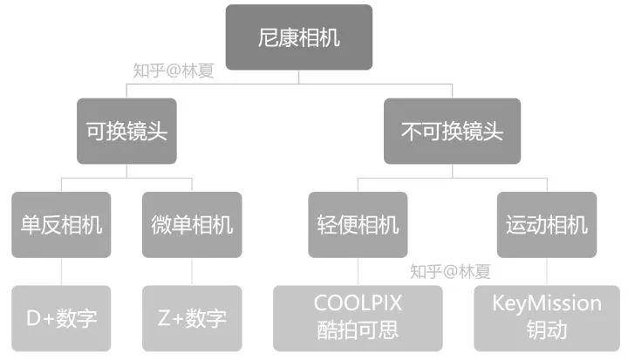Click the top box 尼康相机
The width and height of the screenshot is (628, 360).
(299, 37)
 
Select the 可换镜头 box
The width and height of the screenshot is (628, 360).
(127, 132)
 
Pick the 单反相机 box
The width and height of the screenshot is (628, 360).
(61, 225)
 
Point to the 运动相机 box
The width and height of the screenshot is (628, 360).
(547, 225)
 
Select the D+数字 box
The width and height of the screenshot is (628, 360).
(61, 318)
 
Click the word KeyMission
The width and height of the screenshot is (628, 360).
(547, 303)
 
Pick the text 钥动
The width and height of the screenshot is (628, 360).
(547, 331)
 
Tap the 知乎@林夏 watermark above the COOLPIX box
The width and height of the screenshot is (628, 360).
(451, 271)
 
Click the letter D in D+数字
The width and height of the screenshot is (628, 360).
(34, 318)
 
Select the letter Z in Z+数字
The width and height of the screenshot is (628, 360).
(164, 318)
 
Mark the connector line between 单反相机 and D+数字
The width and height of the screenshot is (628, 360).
(61, 271)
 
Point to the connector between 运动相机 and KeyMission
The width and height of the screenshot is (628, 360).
(547, 271)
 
